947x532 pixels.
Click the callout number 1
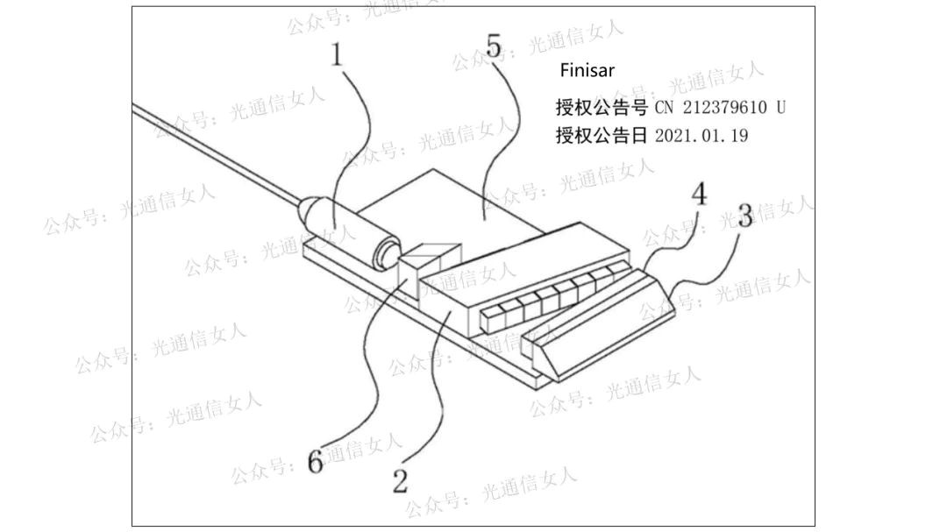tap(338, 55)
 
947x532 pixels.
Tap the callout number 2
tap(400, 479)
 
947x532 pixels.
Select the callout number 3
tap(744, 215)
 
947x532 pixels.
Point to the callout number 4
tap(699, 195)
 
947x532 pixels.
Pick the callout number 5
tap(494, 46)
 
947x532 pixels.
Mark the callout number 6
tap(315, 462)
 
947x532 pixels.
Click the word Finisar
tap(587, 71)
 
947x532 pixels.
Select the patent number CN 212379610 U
tap(720, 107)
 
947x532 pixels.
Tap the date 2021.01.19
tap(701, 136)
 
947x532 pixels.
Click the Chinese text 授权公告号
tap(602, 107)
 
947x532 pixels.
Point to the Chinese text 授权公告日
tap(602, 136)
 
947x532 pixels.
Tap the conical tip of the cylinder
tap(306, 211)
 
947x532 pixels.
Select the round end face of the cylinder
tap(384, 255)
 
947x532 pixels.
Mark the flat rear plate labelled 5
tap(456, 202)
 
